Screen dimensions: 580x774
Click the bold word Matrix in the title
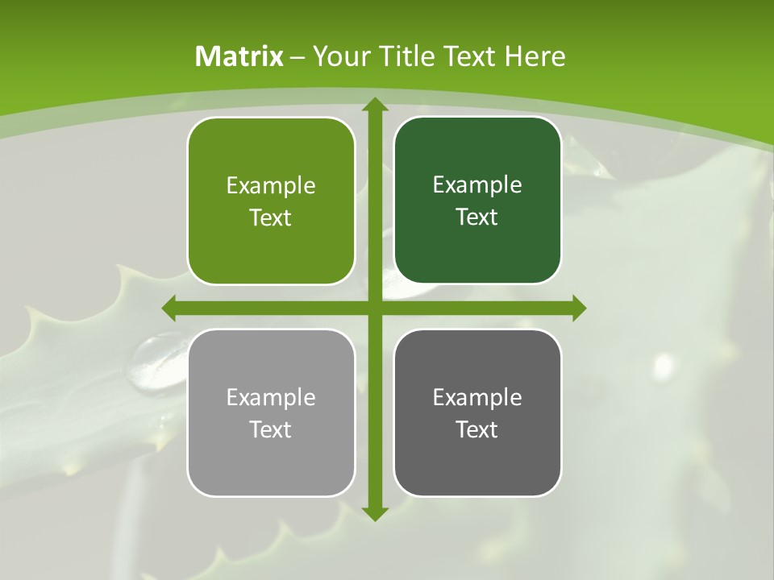239,56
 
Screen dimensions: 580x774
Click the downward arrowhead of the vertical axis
374,513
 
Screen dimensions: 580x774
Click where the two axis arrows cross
374,308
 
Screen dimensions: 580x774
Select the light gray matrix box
271,459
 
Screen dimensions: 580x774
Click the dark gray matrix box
477,459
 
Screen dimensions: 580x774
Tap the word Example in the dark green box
477,185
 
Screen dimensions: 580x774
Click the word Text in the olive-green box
271,218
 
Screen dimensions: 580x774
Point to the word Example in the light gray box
271,397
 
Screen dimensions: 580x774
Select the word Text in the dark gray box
477,429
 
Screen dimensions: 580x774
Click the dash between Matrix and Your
298,57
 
